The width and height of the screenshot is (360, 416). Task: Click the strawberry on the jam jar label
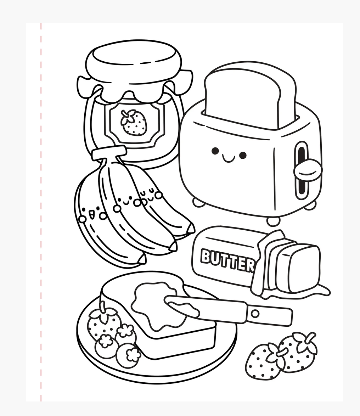click(x=134, y=122)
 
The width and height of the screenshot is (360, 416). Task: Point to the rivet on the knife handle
click(x=255, y=313)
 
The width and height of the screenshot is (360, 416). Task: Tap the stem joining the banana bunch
click(x=109, y=155)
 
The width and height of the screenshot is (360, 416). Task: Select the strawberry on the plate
click(x=102, y=321)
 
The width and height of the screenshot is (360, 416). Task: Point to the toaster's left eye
click(x=215, y=151)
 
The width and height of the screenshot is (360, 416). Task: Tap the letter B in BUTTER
click(x=206, y=255)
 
